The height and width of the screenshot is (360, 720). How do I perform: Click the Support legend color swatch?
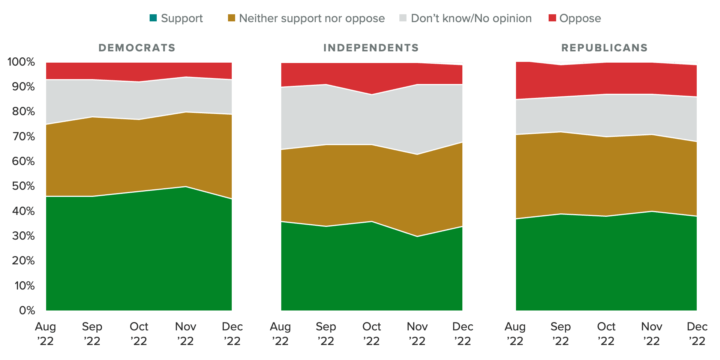pos(153,18)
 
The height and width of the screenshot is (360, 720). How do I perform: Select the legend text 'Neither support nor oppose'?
pos(312,18)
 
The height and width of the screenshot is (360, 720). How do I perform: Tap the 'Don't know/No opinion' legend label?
pos(471,18)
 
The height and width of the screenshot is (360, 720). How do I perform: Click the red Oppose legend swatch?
pos(552,18)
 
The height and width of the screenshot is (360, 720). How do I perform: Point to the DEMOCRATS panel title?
pos(137,48)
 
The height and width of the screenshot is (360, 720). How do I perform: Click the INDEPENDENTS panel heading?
pos(371,48)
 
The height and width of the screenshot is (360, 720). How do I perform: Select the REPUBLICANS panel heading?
pos(604,48)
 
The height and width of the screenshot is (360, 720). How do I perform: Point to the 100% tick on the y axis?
pos(21,62)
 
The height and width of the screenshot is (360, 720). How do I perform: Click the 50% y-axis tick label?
pos(23,186)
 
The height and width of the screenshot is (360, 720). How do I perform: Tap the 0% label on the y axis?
pos(27,310)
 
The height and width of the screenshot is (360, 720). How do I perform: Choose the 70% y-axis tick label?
pos(23,136)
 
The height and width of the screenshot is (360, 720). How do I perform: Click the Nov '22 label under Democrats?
pos(185,334)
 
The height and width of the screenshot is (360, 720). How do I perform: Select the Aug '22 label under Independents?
pos(280,334)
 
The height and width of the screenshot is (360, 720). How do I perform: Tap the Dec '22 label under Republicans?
pos(697,334)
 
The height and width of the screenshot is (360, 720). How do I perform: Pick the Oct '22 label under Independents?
pos(372,334)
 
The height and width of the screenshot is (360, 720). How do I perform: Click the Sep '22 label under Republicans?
pos(561,334)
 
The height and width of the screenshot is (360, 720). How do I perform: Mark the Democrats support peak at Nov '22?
pos(185,186)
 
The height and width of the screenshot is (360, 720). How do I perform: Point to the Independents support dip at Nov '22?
pos(417,236)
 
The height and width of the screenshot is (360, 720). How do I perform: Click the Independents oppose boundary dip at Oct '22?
pos(372,94)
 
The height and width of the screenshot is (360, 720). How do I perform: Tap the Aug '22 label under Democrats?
pos(45,334)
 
